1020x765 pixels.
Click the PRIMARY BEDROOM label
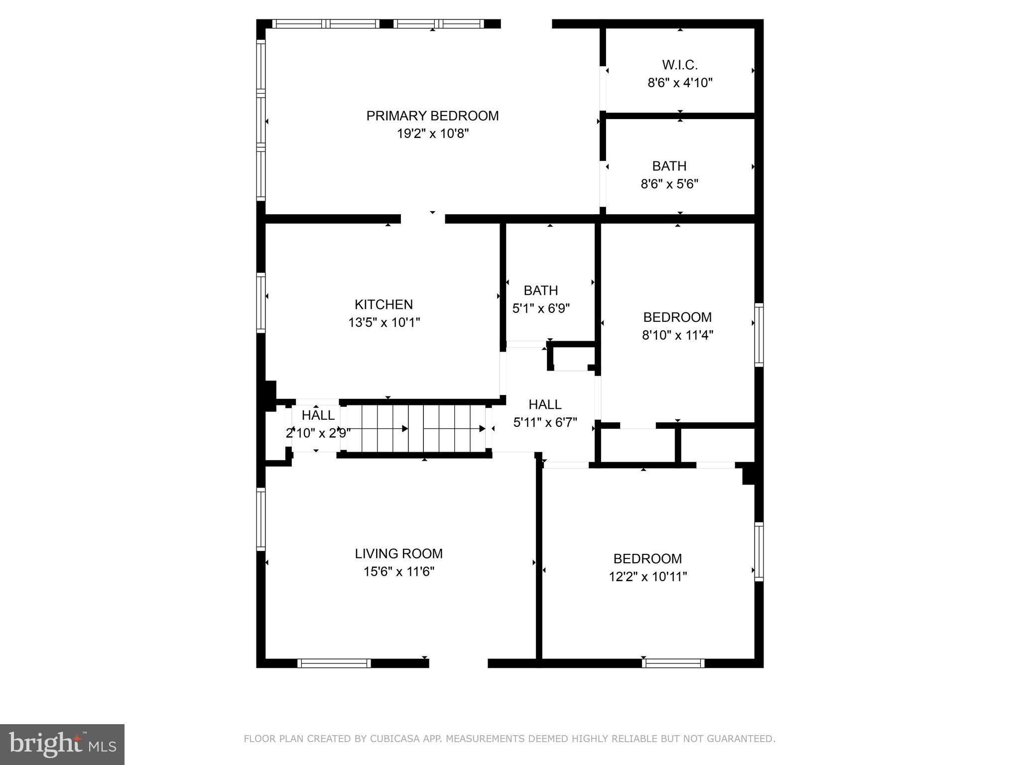(x=432, y=116)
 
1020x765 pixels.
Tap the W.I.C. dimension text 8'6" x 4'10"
(x=680, y=83)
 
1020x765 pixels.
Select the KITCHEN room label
(x=383, y=304)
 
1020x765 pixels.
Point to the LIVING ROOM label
(x=398, y=553)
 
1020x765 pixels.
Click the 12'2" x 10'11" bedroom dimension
(x=647, y=577)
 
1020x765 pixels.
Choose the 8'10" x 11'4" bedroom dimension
(x=677, y=335)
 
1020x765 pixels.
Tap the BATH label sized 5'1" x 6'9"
(x=541, y=290)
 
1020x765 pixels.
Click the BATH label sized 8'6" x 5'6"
(x=669, y=166)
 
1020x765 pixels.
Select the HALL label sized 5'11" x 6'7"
(x=545, y=404)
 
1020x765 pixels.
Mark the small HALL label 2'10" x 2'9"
(x=318, y=415)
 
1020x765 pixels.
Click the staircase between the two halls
(x=416, y=428)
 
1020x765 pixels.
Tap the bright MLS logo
(x=62, y=744)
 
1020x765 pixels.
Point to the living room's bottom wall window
(x=334, y=663)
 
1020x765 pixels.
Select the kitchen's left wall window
(x=260, y=302)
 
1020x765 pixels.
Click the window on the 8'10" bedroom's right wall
(x=759, y=335)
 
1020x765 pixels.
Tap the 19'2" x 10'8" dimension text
(x=432, y=133)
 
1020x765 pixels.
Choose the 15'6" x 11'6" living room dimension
(x=398, y=572)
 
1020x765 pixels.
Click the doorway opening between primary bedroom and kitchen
(x=422, y=219)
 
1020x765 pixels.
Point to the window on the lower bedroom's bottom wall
(x=673, y=663)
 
